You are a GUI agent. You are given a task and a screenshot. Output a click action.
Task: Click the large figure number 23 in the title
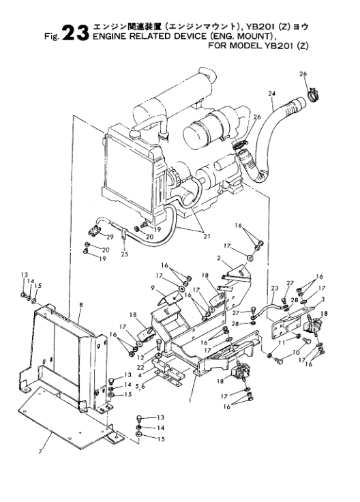[75, 33]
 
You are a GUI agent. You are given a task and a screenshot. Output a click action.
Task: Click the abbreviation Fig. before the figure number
[52, 36]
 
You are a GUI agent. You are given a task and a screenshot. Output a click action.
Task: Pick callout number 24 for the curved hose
[271, 93]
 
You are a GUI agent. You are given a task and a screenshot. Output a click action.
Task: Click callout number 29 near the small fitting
[110, 237]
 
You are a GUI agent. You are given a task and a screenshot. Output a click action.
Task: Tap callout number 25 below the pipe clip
[125, 254]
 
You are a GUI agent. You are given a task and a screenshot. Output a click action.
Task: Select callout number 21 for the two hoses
[207, 237]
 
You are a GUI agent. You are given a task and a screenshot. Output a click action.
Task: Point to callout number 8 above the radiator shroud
[81, 305]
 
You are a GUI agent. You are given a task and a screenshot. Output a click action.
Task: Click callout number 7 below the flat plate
[40, 452]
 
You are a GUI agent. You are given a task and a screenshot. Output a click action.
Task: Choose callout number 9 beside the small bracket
[153, 288]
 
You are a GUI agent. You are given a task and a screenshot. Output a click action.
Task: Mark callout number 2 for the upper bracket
[219, 258]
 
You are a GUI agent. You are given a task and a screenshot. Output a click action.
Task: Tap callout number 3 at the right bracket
[323, 299]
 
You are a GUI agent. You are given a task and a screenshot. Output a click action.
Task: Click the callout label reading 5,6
[140, 387]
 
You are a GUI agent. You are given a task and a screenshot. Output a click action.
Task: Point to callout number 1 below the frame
[190, 400]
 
